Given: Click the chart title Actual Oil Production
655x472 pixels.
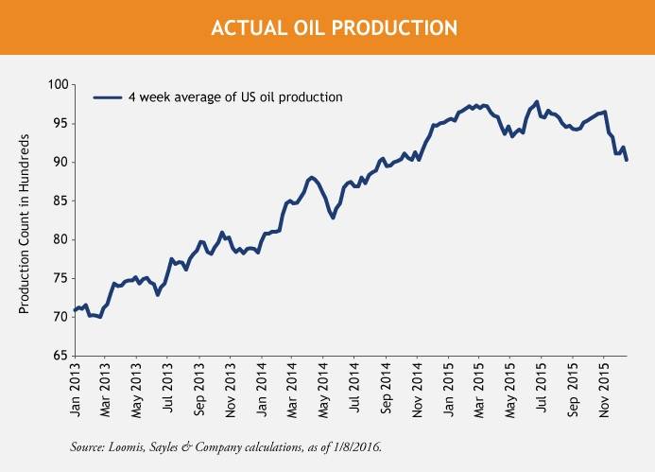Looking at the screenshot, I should pyautogui.click(x=327, y=27).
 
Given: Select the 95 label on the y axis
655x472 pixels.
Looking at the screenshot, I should pyautogui.click(x=58, y=123).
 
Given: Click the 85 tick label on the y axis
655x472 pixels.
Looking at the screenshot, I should pyautogui.click(x=58, y=201).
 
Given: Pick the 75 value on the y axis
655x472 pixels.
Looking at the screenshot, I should pyautogui.click(x=58, y=278).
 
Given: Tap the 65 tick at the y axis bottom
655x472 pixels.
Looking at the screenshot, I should pyautogui.click(x=58, y=356).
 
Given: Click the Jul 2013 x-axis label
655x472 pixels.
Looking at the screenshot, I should pyautogui.click(x=167, y=389).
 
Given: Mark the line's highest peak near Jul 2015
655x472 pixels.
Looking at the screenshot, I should pyautogui.click(x=537, y=101).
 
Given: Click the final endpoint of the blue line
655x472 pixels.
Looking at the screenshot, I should pyautogui.click(x=627, y=161).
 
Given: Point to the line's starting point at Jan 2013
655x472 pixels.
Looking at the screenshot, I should pyautogui.click(x=74, y=310).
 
